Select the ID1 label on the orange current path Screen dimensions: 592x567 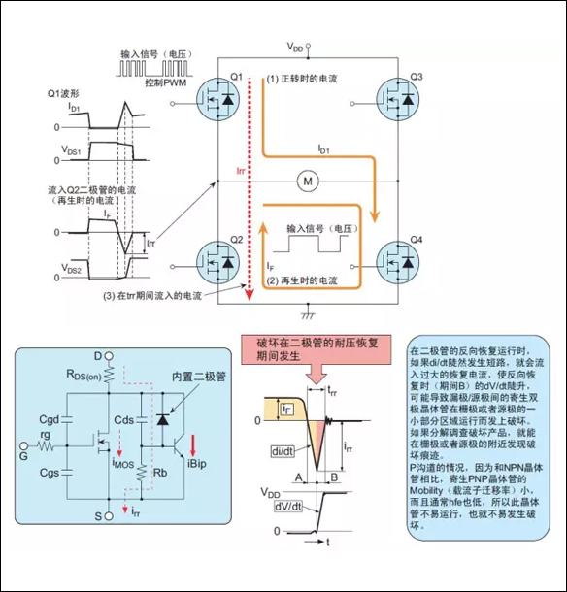tap(323, 149)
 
